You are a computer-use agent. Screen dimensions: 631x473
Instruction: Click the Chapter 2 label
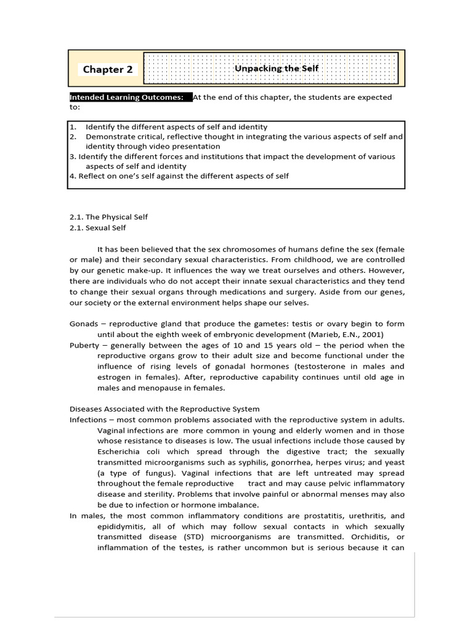pyautogui.click(x=108, y=70)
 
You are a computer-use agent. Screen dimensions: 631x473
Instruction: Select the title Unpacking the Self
pyautogui.click(x=277, y=68)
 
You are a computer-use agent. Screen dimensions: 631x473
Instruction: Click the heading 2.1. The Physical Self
pyautogui.click(x=108, y=217)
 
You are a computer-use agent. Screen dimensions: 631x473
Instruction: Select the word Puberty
pyautogui.click(x=84, y=345)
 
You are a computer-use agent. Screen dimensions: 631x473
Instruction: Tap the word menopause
pyautogui.click(x=152, y=388)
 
